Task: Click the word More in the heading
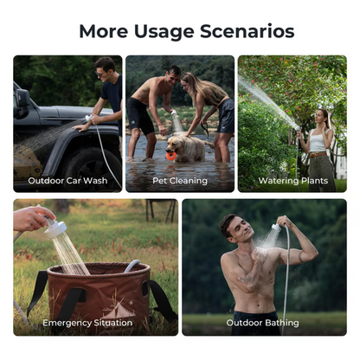pos(104,32)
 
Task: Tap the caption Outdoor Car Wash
pos(67,181)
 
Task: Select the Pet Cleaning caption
pos(180,181)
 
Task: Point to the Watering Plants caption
pos(292,181)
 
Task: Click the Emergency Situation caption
pos(87,323)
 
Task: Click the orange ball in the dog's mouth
pos(171,157)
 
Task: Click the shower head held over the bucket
pos(55,228)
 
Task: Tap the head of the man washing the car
pos(106,67)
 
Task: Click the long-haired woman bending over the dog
pos(208,104)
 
